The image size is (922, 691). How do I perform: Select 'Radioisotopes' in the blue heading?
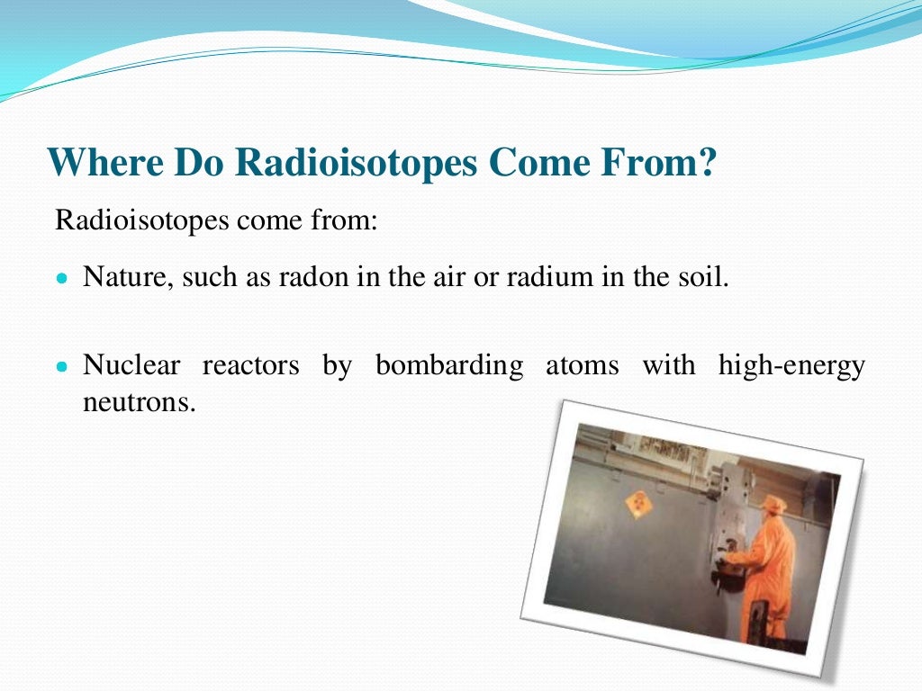tap(356, 163)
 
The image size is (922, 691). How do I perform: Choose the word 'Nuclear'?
tap(131, 365)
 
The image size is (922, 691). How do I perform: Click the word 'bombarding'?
tap(449, 366)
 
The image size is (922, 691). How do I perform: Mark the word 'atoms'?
tap(582, 366)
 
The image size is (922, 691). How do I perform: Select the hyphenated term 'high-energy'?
tap(791, 366)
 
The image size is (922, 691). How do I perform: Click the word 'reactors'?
tap(250, 366)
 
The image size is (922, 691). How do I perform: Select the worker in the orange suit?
tap(769, 567)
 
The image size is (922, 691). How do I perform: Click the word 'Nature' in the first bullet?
tap(125, 276)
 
